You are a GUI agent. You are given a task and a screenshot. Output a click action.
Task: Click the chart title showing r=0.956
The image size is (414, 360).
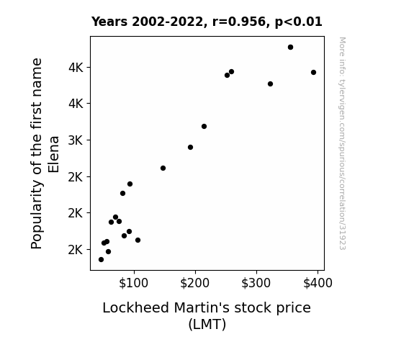click(x=207, y=22)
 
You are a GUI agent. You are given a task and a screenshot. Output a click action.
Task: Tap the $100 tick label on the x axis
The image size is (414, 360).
click(x=134, y=283)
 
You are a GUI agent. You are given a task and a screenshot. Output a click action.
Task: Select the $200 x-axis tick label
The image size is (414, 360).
click(x=195, y=283)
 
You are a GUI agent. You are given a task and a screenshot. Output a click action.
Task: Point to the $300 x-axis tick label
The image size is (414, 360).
click(x=256, y=283)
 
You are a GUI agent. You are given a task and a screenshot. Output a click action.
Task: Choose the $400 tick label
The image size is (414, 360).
click(x=318, y=283)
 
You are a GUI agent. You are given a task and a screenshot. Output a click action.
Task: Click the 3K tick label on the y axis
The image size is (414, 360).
click(x=76, y=140)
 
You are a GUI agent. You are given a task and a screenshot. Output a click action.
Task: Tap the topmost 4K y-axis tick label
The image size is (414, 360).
click(x=76, y=68)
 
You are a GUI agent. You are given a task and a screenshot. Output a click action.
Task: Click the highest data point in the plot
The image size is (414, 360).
click(x=290, y=48)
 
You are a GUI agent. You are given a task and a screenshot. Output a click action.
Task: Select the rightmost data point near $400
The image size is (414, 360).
click(x=313, y=73)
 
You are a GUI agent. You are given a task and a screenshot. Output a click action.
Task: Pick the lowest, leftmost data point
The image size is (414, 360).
click(x=101, y=260)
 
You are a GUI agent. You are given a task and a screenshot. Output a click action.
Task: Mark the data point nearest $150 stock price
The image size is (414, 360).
click(x=163, y=168)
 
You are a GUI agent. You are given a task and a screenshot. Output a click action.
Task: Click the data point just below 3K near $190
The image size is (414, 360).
click(x=190, y=148)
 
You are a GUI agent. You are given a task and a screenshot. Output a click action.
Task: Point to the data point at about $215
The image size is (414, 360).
click(x=204, y=127)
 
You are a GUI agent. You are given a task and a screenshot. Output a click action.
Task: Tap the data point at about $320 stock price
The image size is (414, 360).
click(x=270, y=84)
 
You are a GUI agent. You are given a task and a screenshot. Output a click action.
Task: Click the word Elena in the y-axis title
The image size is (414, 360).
click(x=53, y=155)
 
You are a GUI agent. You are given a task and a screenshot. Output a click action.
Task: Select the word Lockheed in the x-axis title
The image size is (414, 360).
click(x=135, y=308)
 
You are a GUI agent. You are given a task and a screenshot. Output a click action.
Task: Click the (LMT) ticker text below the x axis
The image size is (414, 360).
click(x=207, y=324)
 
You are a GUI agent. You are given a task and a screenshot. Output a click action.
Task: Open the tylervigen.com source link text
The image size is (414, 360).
click(x=342, y=143)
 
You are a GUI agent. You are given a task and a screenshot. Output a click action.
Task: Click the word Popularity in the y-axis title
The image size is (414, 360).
click(x=37, y=215)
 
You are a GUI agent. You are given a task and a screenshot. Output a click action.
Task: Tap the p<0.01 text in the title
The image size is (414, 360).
click(x=298, y=22)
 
